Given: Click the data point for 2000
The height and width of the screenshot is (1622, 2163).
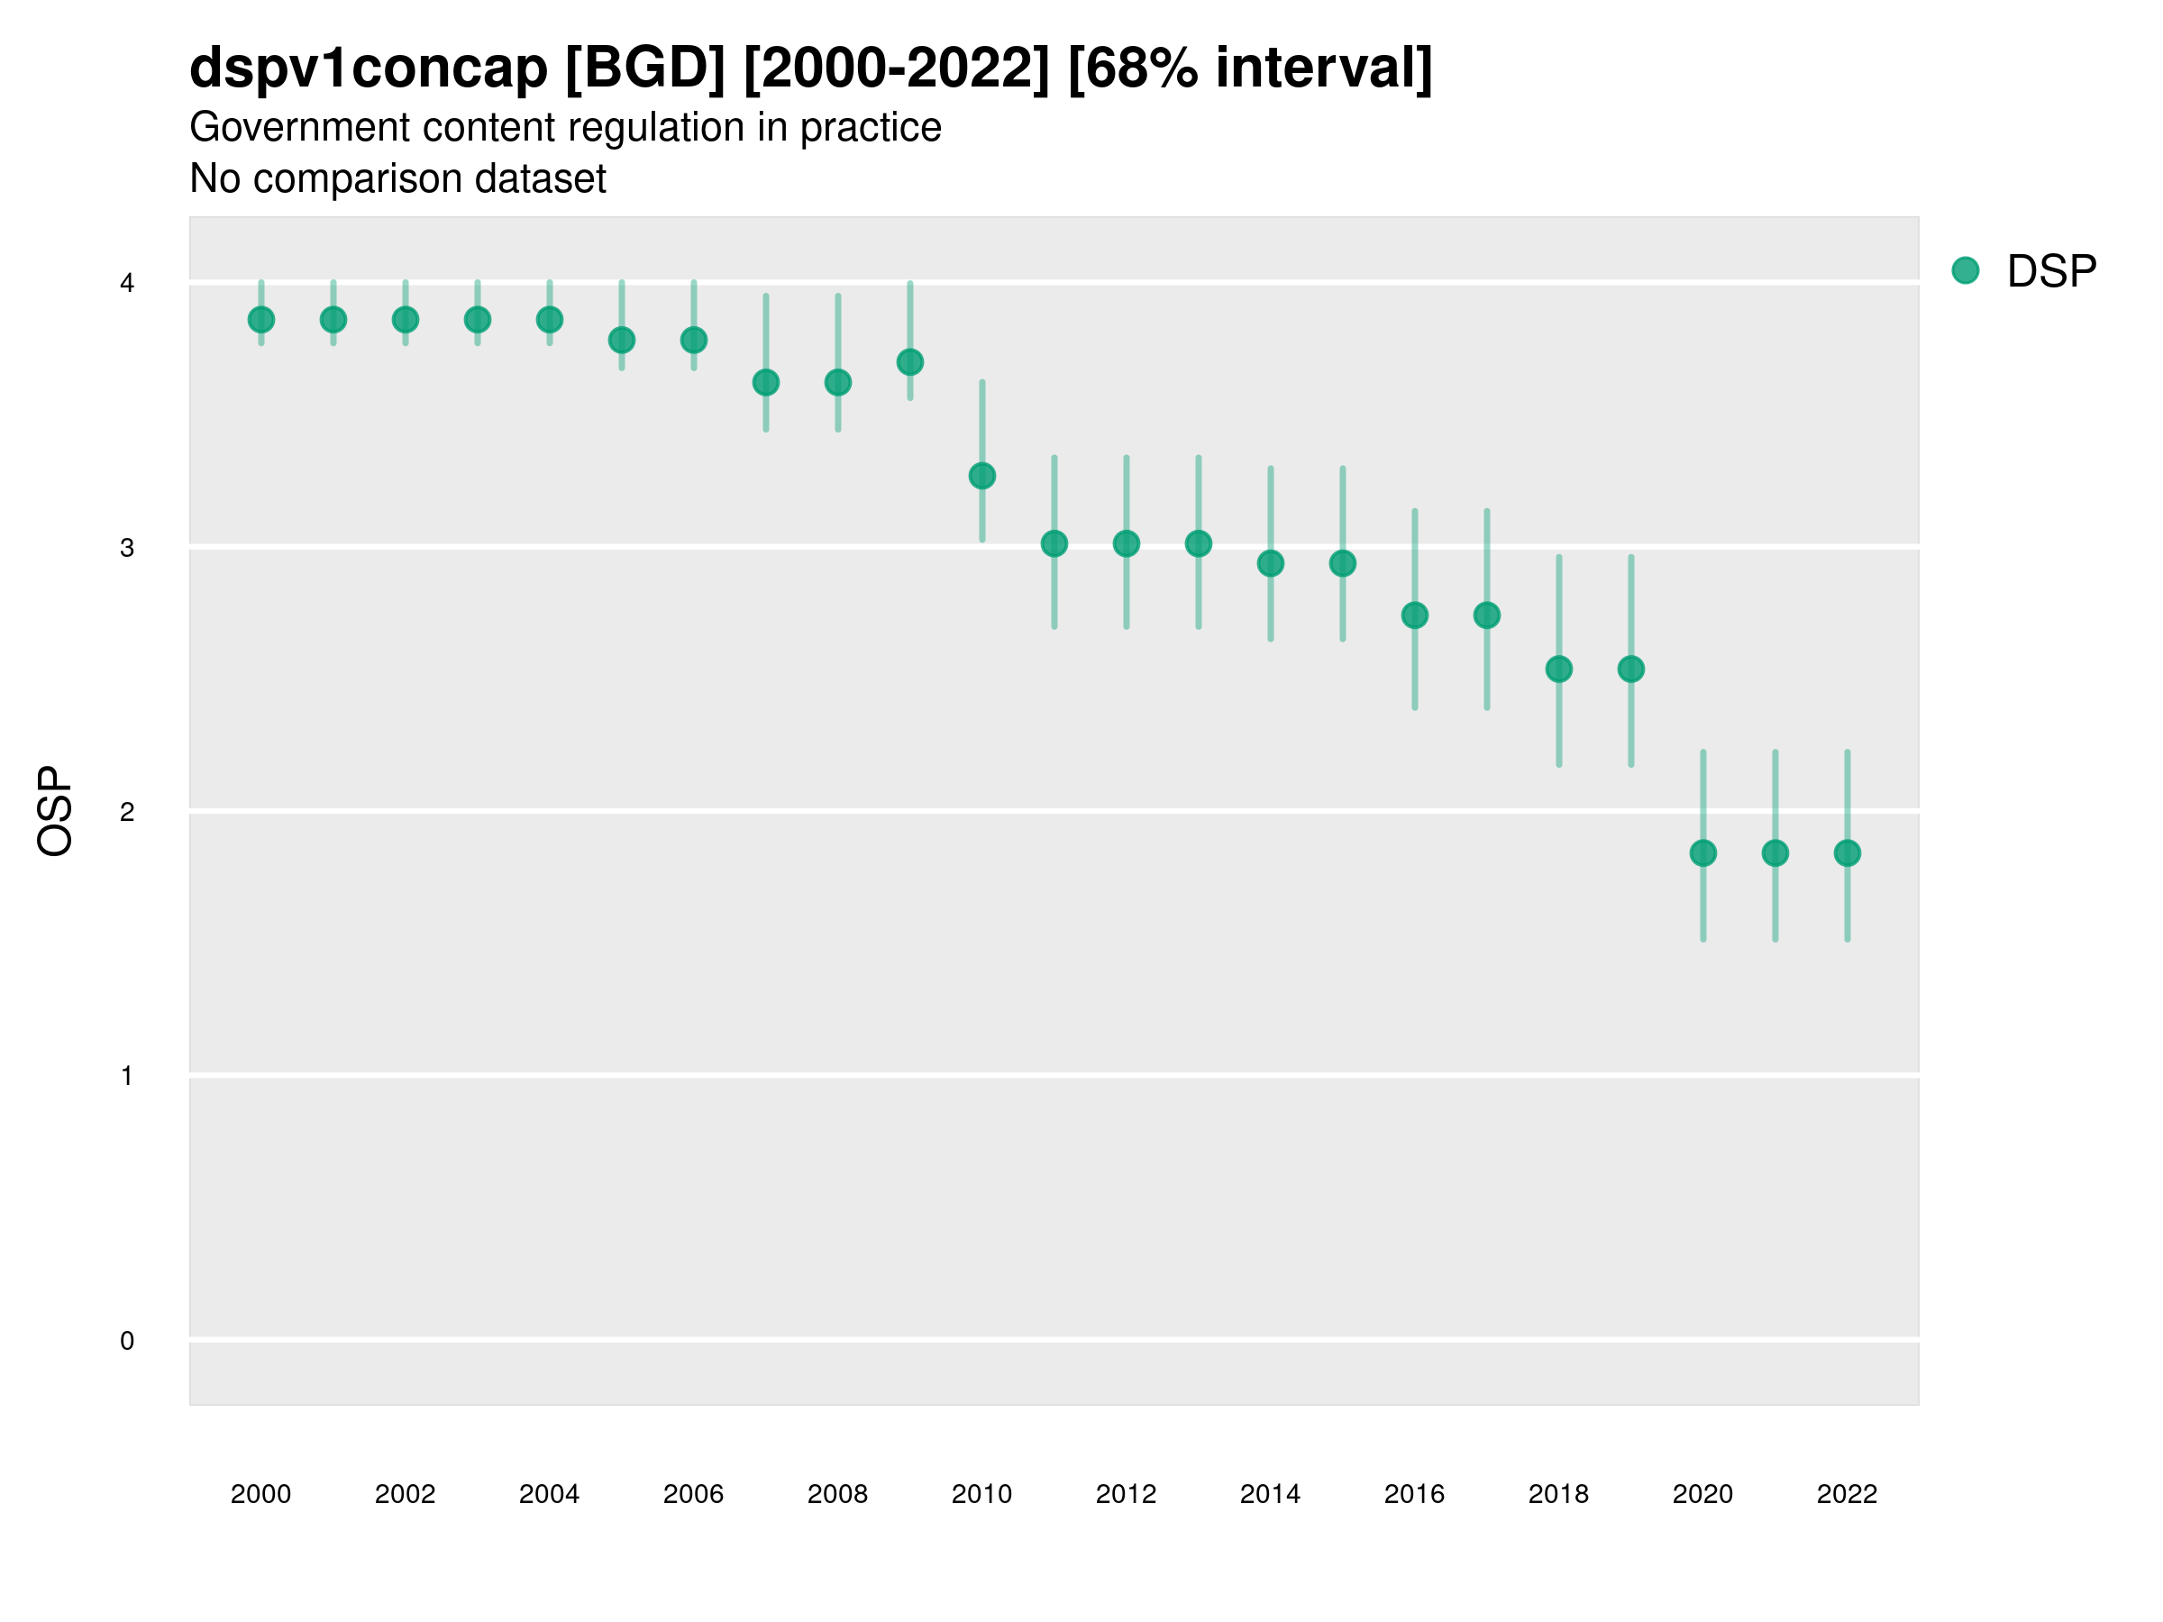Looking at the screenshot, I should (x=261, y=320).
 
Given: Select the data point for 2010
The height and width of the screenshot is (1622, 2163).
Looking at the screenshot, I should (x=981, y=476).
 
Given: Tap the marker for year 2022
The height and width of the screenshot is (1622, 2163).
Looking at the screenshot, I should (x=1848, y=853).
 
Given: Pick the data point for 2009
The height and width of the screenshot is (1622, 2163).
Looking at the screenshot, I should (x=910, y=363).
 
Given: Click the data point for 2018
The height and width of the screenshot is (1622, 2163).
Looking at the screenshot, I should (x=1558, y=670).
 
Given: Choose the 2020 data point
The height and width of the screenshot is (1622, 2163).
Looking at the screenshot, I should (x=1703, y=853).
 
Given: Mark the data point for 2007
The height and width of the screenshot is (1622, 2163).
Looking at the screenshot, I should (x=766, y=382).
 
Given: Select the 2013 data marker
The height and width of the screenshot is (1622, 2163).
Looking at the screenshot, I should (x=1199, y=543).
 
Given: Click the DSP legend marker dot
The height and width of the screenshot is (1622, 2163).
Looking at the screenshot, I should (x=1966, y=271).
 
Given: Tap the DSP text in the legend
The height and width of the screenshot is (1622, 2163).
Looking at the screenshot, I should (x=2051, y=272).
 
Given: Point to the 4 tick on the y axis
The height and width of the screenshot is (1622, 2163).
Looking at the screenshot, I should (x=127, y=284).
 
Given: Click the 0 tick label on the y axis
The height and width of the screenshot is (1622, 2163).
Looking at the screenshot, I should (x=127, y=1342).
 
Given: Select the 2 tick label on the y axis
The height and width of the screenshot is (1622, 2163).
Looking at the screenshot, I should (x=127, y=813).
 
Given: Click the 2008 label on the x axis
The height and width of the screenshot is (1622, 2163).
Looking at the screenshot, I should (x=838, y=1495).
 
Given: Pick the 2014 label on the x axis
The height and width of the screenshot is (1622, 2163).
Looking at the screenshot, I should (x=1270, y=1495).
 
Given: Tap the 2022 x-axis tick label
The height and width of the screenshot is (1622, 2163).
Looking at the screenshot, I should (x=1848, y=1495).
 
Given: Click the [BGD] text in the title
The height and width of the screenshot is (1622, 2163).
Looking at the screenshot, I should (x=645, y=68).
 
